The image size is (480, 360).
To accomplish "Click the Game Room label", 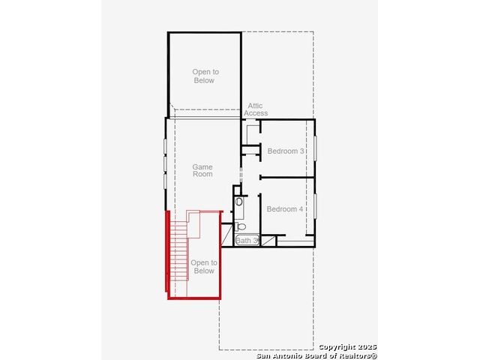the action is coord(202,170).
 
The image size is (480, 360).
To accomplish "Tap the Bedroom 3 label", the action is coord(286,151).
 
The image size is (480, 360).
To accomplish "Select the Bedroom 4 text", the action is coord(285,209).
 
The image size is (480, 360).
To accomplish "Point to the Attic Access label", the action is coord(256,109).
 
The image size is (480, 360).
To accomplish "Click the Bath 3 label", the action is coord(247,241).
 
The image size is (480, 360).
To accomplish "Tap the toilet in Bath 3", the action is coord(241,226).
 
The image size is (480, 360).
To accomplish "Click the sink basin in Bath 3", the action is coord(239,202).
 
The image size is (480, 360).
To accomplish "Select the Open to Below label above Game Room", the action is coord(205,76).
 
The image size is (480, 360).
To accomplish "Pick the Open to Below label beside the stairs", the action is coord(204,267).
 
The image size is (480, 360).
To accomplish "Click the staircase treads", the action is coord(179,251).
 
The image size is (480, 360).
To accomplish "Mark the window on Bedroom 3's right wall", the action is coord(315,148).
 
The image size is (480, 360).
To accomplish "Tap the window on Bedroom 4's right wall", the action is coord(315,206).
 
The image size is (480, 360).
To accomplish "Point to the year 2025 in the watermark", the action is coord(367,346).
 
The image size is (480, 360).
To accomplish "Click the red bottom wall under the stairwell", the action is coord(194,298).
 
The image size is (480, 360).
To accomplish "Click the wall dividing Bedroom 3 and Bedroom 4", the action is coord(287,177).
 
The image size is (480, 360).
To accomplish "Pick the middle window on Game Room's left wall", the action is coord(165,163).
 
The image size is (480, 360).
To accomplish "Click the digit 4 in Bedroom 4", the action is coord(301,209).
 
